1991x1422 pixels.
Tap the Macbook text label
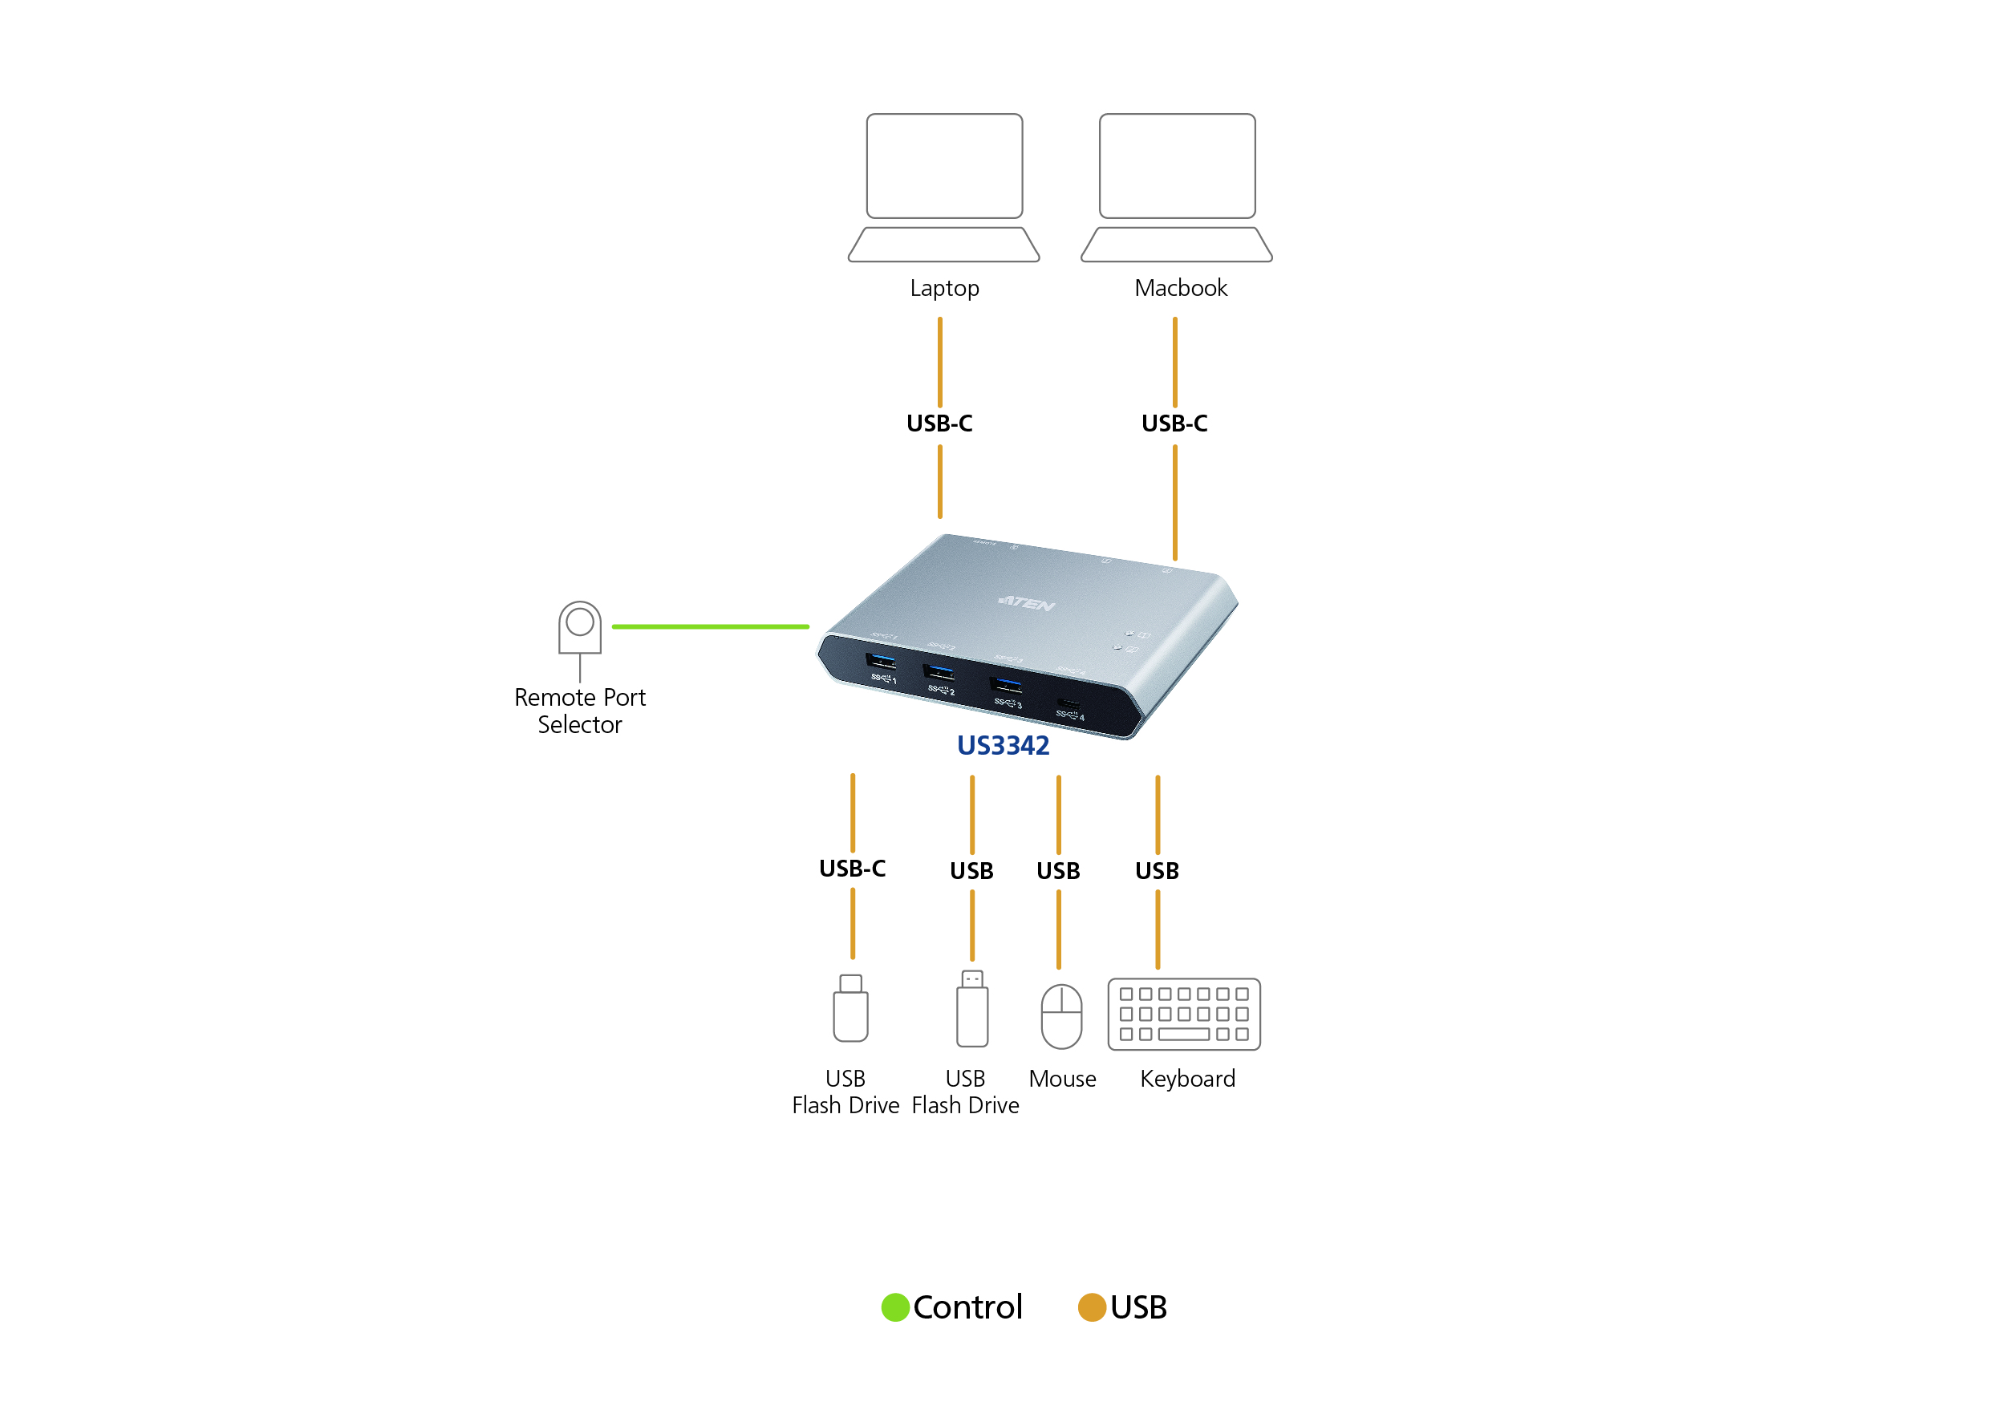click(1180, 288)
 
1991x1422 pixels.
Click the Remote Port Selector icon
click(580, 629)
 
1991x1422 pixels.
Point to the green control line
click(710, 627)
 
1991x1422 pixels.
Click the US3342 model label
click(1003, 745)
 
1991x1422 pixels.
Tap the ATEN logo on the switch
click(1026, 602)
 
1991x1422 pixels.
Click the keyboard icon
click(1184, 1014)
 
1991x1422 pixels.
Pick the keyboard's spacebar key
click(1184, 1034)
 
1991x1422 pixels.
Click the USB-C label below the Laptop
click(939, 423)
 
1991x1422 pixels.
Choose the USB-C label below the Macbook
click(1174, 423)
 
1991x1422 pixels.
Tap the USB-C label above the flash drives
click(852, 869)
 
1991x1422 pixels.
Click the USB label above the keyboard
click(1157, 871)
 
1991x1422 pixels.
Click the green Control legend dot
click(894, 1307)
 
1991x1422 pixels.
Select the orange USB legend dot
click(1092, 1307)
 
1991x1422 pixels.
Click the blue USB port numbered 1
click(880, 660)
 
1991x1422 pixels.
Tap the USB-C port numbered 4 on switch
click(1068, 703)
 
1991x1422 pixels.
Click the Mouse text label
click(1062, 1079)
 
